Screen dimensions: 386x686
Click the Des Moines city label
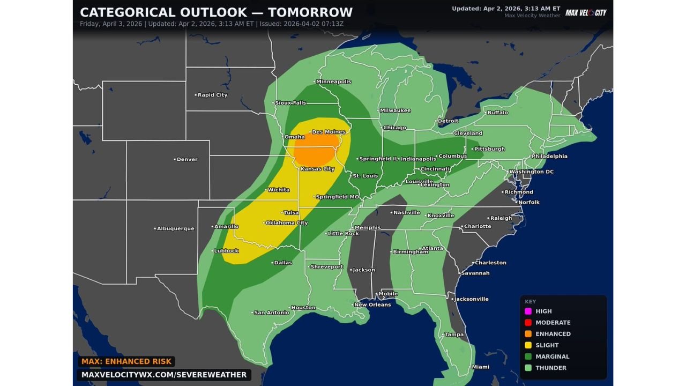tap(328, 132)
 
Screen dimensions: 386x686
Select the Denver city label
tap(187, 159)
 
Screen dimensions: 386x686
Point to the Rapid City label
tap(212, 95)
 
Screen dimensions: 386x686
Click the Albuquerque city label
tap(175, 228)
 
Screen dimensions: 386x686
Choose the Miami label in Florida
tap(480, 367)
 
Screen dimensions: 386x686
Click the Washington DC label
tap(531, 172)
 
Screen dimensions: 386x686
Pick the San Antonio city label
tap(271, 313)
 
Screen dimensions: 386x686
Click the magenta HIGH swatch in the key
tap(528, 311)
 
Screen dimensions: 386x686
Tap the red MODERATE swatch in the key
tap(528, 322)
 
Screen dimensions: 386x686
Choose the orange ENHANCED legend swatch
tap(528, 333)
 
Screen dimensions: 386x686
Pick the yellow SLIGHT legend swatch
tap(528, 345)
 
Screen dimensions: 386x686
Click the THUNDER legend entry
tap(550, 368)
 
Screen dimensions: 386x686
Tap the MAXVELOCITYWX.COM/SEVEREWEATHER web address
tap(164, 375)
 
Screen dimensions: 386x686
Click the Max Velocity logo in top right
tap(586, 12)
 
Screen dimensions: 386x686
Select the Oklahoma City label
tap(286, 222)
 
